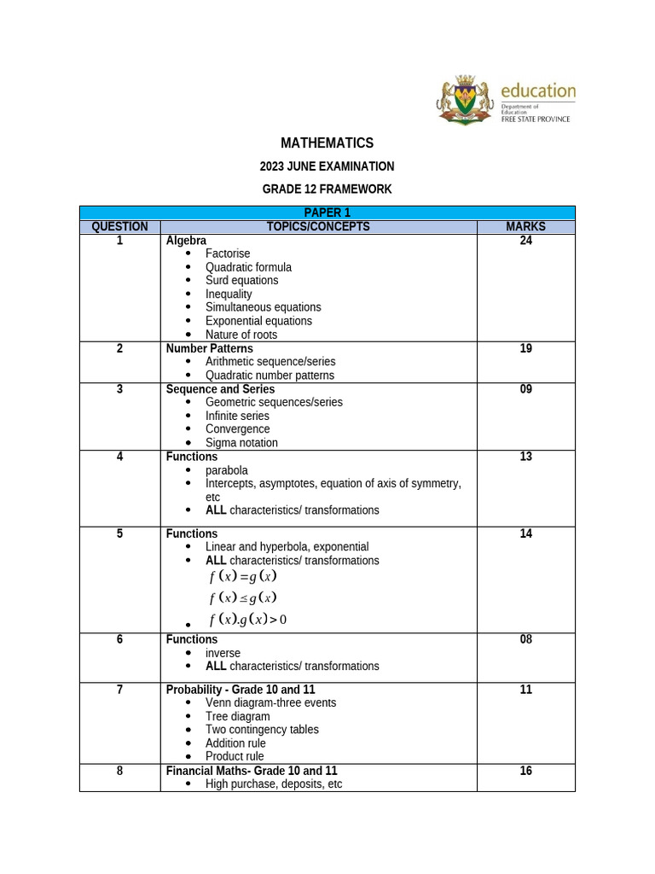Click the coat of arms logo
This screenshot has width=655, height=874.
click(x=466, y=101)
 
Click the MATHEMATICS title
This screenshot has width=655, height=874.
click(x=327, y=143)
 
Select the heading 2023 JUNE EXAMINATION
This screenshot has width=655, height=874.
click(x=327, y=166)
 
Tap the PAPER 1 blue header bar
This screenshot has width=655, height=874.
click(x=327, y=213)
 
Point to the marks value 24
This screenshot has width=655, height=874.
click(x=525, y=241)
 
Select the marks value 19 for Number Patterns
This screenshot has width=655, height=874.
click(x=525, y=348)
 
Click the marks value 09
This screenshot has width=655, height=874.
click(x=525, y=389)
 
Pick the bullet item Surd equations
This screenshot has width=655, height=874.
click(x=241, y=280)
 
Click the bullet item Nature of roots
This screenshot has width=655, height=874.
click(x=241, y=335)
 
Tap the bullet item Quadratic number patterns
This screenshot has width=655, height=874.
click(x=270, y=375)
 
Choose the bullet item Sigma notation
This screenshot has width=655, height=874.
click(x=241, y=442)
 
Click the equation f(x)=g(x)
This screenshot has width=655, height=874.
click(x=243, y=576)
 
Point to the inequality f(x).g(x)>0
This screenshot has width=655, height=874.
click(x=248, y=620)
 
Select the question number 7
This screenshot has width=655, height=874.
click(x=119, y=690)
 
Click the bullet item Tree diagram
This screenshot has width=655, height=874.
click(x=237, y=716)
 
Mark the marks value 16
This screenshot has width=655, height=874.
click(x=525, y=771)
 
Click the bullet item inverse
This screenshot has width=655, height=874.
click(x=223, y=653)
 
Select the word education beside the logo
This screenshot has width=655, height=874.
click(x=537, y=90)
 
